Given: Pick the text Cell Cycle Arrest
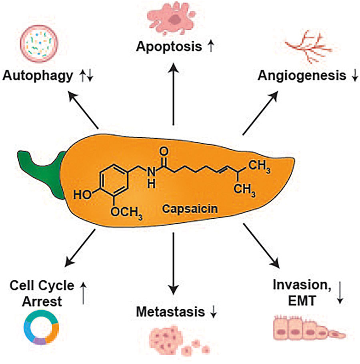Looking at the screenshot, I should [42, 293].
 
